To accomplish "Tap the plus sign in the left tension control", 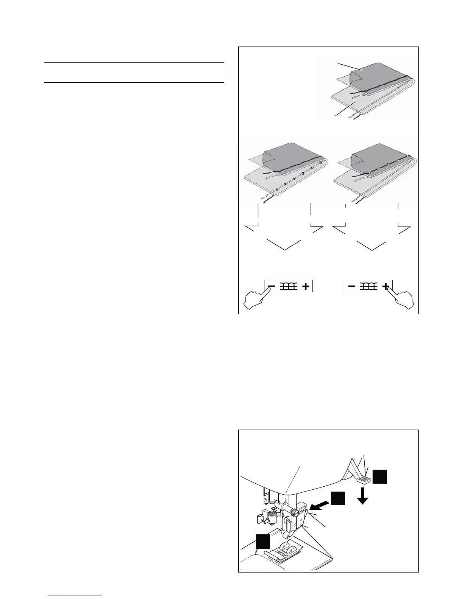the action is [306, 287].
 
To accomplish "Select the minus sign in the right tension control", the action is [352, 287].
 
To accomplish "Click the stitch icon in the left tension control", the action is [289, 287].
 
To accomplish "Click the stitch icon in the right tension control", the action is [368, 287].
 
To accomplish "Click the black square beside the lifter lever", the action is [379, 476].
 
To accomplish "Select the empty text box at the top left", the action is [134, 73].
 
